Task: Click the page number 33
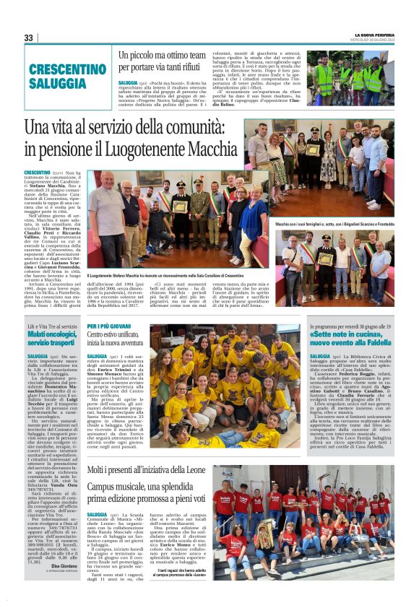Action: click(x=28, y=38)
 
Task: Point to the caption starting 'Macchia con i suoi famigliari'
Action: click(x=332, y=225)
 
